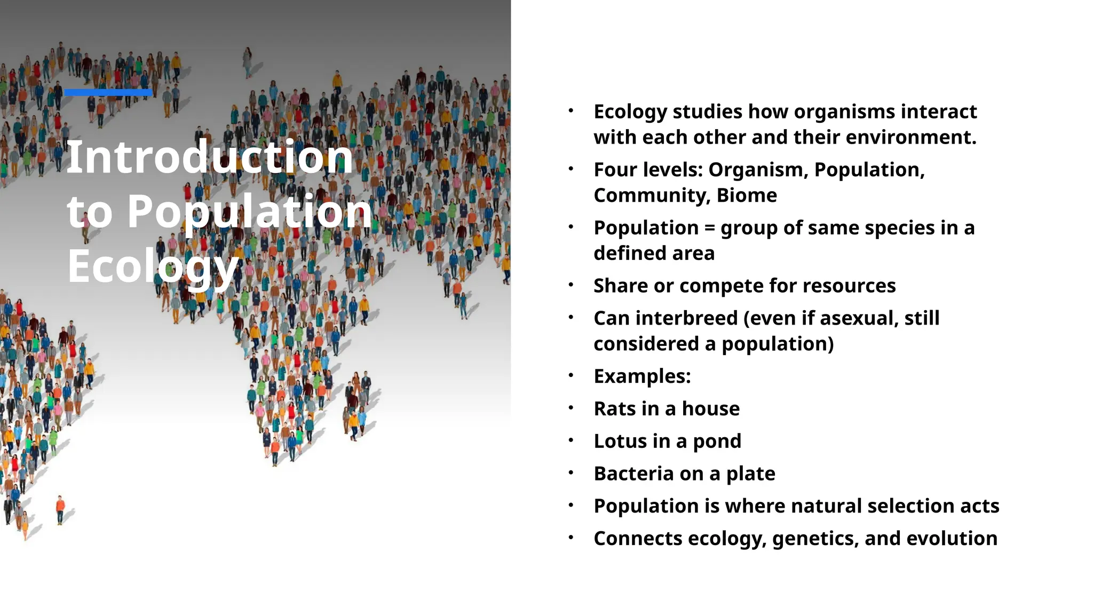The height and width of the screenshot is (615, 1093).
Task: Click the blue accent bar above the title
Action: tap(108, 92)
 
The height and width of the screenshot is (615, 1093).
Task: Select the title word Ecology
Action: tap(153, 266)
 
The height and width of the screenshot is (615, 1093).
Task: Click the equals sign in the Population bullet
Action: tap(709, 228)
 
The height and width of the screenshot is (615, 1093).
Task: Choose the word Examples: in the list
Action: tap(642, 376)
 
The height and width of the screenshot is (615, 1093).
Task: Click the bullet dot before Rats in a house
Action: tap(571, 408)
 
